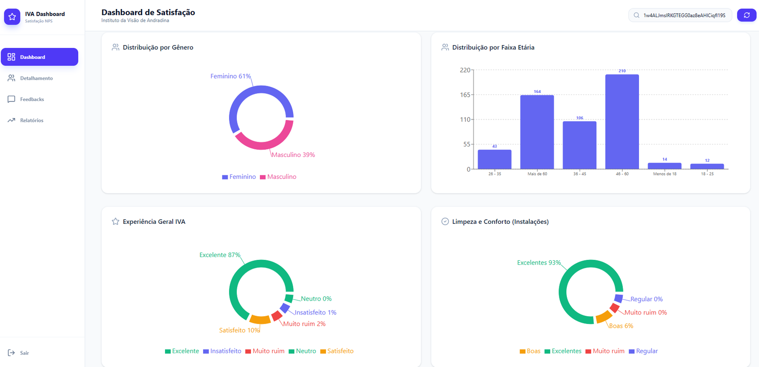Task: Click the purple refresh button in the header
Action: [747, 15]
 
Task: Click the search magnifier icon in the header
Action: [636, 15]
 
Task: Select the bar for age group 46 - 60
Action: [622, 121]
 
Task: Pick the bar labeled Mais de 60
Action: [537, 132]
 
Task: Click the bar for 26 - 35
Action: [495, 159]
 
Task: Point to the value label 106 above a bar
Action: [580, 118]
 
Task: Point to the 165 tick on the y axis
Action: [465, 95]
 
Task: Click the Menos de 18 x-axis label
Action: [665, 174]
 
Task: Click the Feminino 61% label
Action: [231, 76]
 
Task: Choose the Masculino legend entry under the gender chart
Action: [278, 177]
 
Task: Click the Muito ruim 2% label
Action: [304, 324]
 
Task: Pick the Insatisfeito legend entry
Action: [222, 351]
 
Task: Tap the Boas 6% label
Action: [621, 326]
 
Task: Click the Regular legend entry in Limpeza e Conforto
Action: [643, 351]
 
